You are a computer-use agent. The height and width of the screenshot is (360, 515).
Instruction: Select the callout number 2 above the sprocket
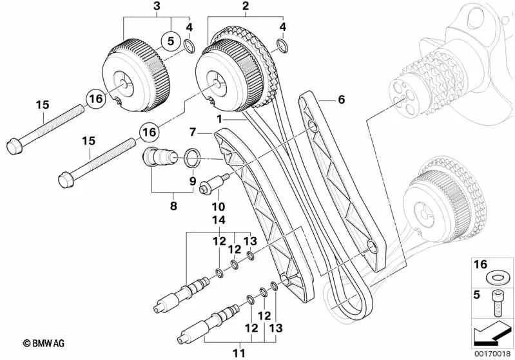point(245,6)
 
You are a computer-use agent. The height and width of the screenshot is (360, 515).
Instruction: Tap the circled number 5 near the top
point(170,41)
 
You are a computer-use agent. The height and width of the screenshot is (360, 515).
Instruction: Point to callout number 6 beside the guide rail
point(341,99)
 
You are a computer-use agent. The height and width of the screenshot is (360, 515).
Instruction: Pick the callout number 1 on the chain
point(219,119)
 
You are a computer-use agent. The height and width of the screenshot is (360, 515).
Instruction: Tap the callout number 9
point(192,182)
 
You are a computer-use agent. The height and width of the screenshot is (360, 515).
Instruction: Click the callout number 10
point(217,207)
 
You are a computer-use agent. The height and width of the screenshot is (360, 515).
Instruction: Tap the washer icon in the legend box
point(494,278)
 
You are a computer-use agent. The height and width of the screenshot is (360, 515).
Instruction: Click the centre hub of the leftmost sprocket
point(122,83)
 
